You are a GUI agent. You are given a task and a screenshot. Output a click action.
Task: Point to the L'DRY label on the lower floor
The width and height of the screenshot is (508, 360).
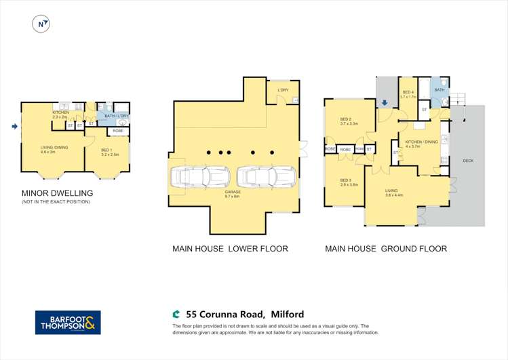click(x=284, y=90)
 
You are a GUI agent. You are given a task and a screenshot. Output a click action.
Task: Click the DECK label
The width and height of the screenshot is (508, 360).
click(x=468, y=161)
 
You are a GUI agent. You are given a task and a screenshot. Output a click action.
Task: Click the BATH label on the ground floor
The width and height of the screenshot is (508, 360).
click(x=439, y=89)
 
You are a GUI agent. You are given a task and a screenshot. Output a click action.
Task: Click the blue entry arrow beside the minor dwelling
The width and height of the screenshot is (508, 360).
click(x=14, y=126)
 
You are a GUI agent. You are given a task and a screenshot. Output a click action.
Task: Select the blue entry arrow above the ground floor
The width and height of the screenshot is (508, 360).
click(x=385, y=103)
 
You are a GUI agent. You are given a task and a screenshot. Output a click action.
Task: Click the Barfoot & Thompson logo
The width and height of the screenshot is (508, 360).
click(x=68, y=322)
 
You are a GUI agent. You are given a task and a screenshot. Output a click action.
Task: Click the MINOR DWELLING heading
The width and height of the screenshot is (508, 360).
click(x=58, y=193)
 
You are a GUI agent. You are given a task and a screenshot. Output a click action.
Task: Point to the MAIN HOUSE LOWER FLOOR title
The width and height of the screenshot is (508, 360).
click(x=230, y=249)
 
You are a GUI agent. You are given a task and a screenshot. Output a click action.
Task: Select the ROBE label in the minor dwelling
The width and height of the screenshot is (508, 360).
click(x=117, y=130)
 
